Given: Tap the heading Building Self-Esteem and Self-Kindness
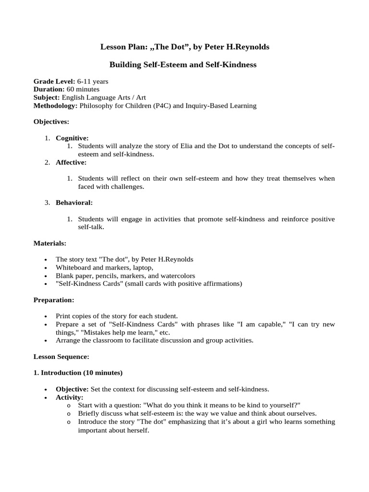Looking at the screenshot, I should [183, 64].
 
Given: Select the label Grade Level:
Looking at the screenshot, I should [54, 82].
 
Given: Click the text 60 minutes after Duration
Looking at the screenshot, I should [83, 89].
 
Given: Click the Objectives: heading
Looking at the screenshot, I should [51, 122].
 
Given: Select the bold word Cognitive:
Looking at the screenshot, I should [72, 138].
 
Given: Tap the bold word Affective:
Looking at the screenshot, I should [71, 162].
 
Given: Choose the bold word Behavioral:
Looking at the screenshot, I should [74, 203].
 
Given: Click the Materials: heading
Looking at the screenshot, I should [50, 243].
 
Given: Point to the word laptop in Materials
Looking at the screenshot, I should [142, 268].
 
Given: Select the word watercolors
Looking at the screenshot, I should [178, 276].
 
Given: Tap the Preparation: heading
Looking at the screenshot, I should [54, 300].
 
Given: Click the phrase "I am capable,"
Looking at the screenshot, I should [257, 324].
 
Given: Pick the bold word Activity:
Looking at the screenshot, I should [70, 397].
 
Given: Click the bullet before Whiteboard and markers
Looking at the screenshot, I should [45, 268].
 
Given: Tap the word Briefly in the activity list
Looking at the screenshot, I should [89, 414].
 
